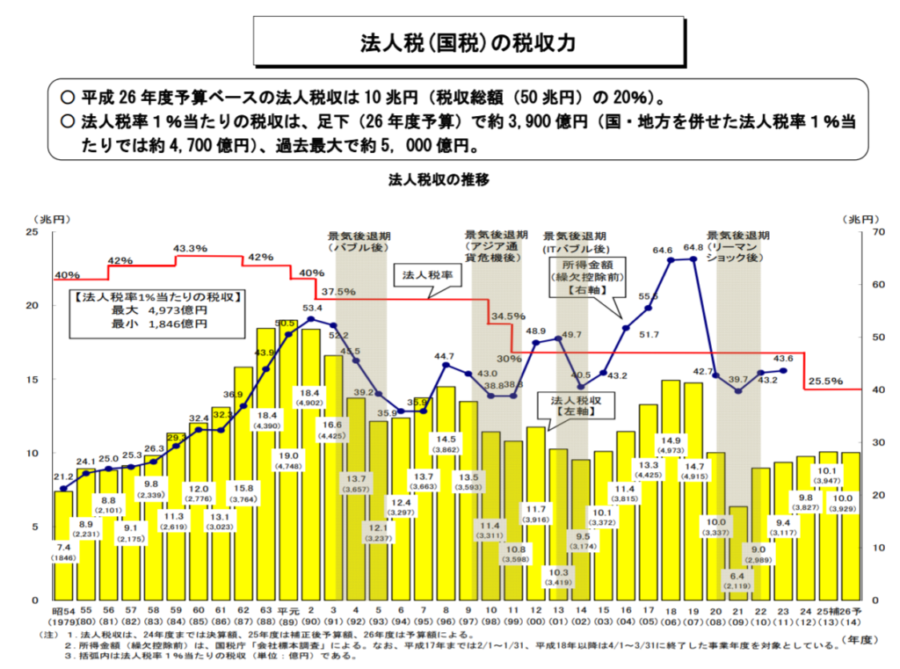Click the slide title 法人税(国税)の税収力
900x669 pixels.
coord(468,42)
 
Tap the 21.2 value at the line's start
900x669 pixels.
coord(63,477)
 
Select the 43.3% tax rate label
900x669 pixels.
coord(191,249)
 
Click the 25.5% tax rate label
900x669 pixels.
coord(825,382)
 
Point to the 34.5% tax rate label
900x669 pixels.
coord(508,316)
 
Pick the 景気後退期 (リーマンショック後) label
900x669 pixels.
coord(738,247)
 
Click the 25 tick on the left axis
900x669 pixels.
coord(32,231)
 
